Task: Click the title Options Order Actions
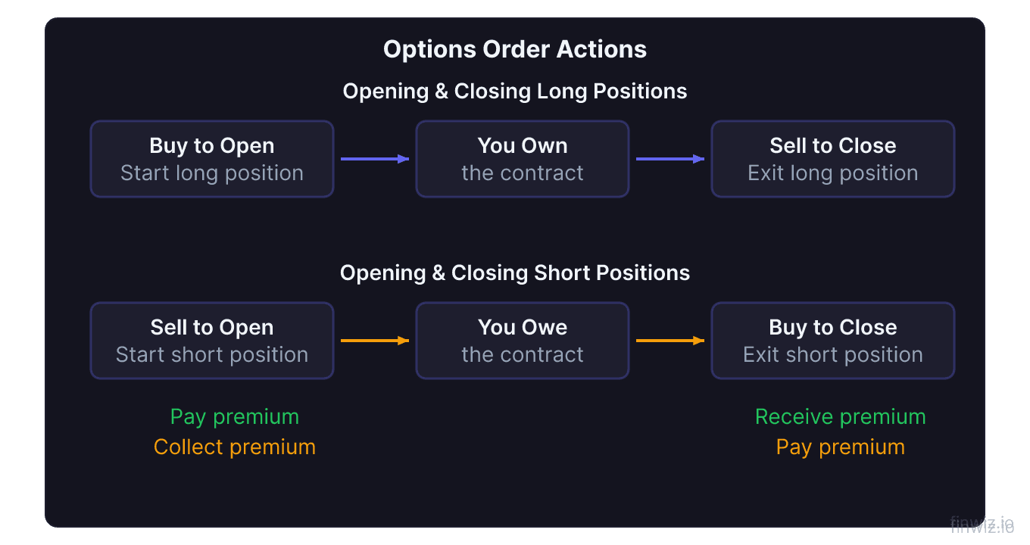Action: click(x=515, y=50)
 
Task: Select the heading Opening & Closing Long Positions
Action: click(x=515, y=92)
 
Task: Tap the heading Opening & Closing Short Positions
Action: click(x=515, y=273)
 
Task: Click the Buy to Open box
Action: click(x=212, y=159)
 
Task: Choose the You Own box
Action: click(x=523, y=159)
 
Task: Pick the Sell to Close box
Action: click(x=832, y=159)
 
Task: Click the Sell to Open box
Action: click(x=212, y=341)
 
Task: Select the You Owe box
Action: click(x=523, y=341)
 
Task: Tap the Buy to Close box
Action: click(x=832, y=341)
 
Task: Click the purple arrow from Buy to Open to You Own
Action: click(x=375, y=159)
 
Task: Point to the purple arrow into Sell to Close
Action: click(x=670, y=159)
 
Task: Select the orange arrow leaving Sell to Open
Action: click(x=375, y=341)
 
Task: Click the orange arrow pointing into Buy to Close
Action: click(x=670, y=341)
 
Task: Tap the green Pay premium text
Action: click(x=235, y=417)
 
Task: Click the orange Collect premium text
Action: click(x=235, y=447)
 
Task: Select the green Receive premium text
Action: click(x=841, y=417)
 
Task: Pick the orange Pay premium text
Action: click(x=841, y=447)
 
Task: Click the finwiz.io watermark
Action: click(x=982, y=525)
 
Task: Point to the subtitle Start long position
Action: click(x=212, y=173)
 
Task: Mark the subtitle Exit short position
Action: click(x=833, y=355)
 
